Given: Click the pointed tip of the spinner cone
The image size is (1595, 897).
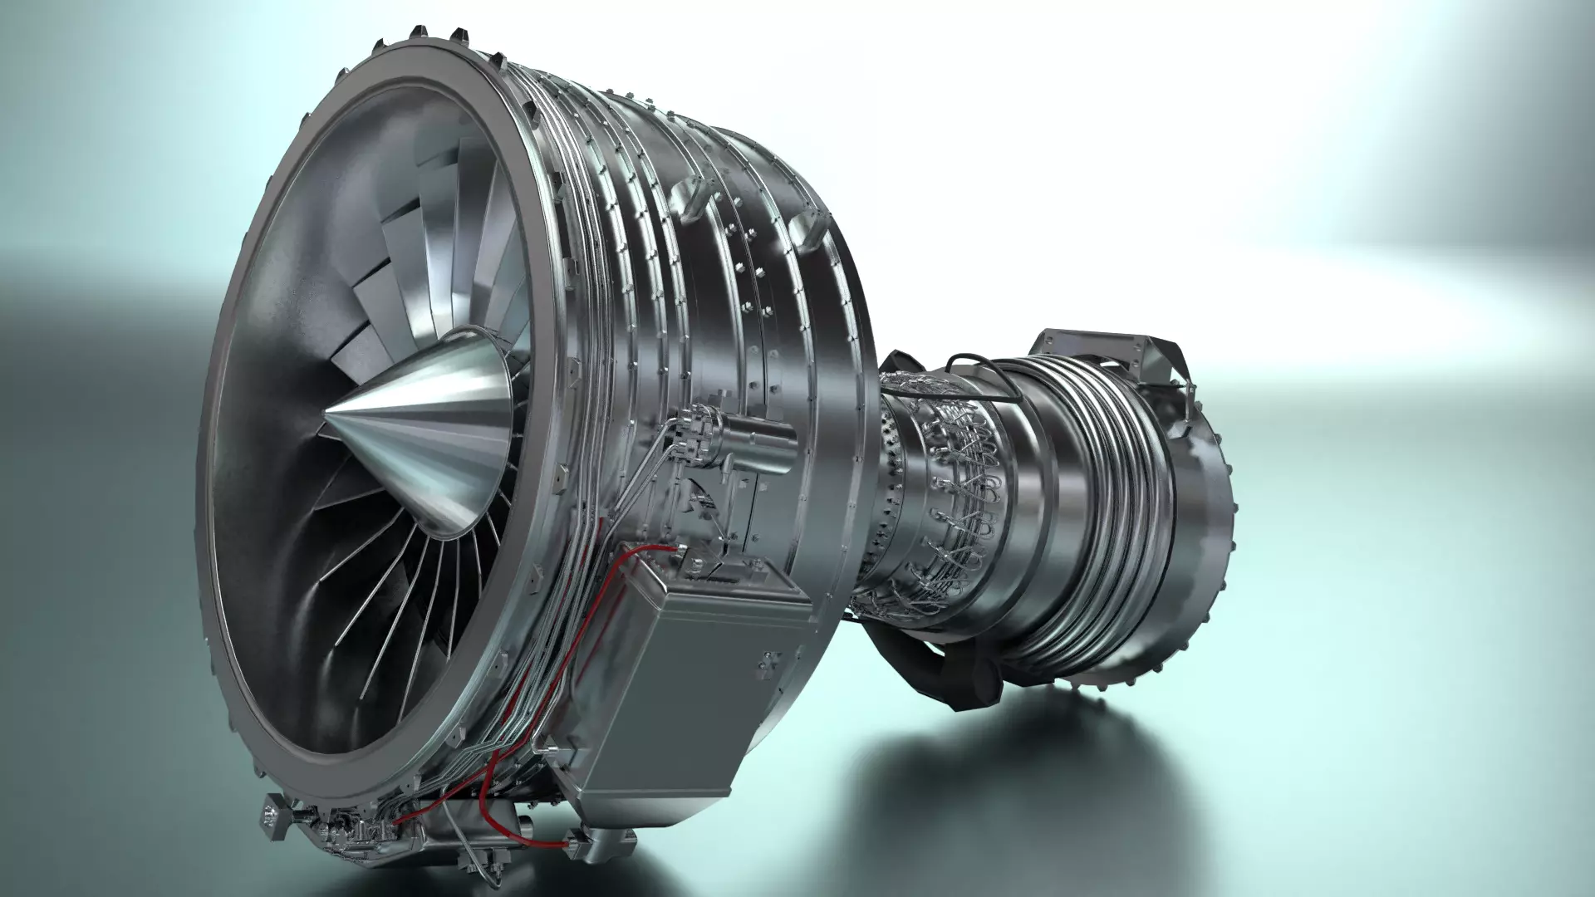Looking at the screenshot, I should click(326, 413).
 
